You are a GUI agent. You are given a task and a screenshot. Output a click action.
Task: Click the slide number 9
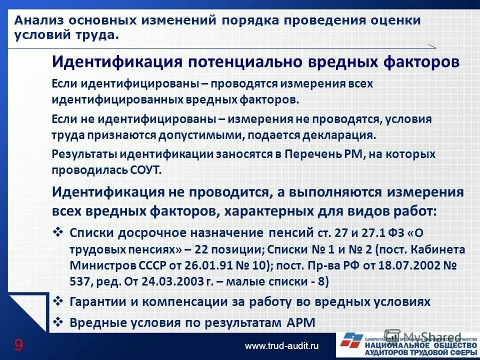(18, 344)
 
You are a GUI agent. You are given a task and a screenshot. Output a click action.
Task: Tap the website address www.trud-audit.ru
(281, 345)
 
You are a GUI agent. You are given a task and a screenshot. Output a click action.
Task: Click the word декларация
(342, 135)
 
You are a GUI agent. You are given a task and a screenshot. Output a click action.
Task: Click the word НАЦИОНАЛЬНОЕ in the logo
(391, 345)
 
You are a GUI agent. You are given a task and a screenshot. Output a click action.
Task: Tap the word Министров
(102, 265)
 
